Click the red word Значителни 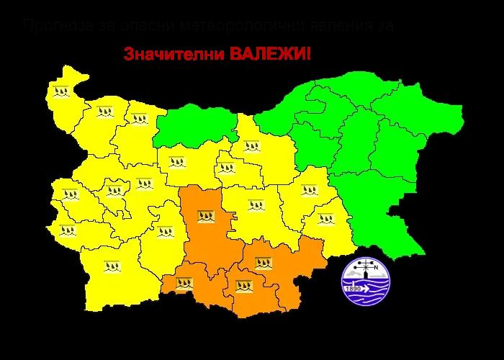point(170,55)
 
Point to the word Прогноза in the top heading point(55,27)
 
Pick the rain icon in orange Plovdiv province point(206,215)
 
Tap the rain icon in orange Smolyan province point(183,282)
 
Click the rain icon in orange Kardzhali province point(245,286)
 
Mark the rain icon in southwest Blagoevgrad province point(112,266)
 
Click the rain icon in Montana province point(106,111)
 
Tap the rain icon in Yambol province point(327,219)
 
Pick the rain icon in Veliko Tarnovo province point(251,146)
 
